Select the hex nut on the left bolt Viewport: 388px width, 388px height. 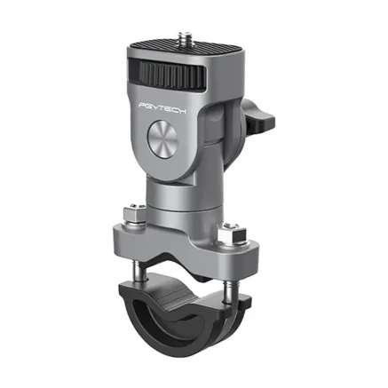pos(129,216)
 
